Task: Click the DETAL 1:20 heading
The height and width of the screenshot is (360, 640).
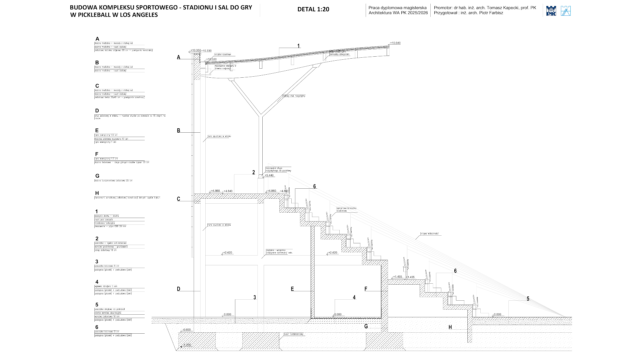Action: click(313, 9)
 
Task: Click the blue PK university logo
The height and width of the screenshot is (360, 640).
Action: click(551, 11)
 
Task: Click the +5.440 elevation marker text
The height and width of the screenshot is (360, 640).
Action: click(269, 175)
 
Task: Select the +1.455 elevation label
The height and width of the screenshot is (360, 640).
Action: click(397, 277)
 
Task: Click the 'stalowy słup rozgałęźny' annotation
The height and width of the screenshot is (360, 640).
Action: click(293, 96)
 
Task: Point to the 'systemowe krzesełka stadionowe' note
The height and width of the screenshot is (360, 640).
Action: click(346, 210)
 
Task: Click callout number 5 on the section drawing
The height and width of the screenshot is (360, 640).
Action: click(528, 299)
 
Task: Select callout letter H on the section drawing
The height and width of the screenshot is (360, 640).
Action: click(450, 327)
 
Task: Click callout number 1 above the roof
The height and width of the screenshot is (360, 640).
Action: click(298, 46)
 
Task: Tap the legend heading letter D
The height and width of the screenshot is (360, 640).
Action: click(97, 111)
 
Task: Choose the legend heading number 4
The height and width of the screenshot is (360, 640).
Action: click(97, 282)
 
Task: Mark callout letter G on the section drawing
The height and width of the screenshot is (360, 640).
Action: click(366, 326)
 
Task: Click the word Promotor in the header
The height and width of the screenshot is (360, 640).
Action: click(443, 8)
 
